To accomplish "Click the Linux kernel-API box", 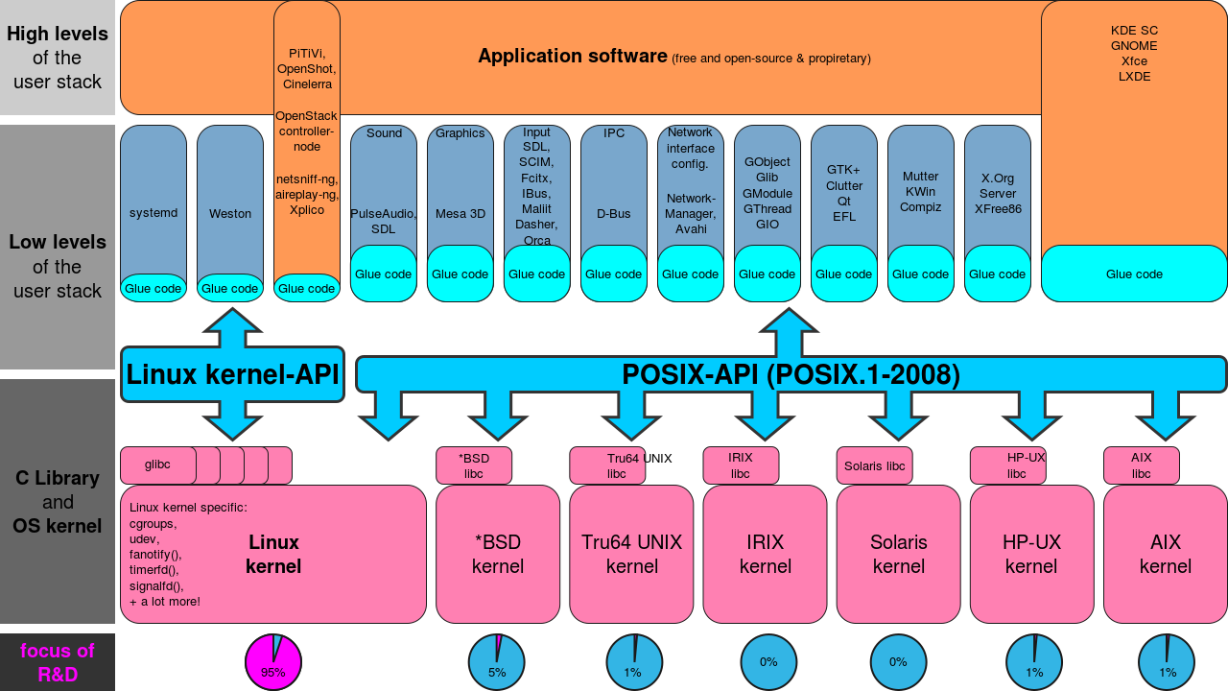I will [x=232, y=374].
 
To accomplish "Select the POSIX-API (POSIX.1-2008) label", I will [x=791, y=374].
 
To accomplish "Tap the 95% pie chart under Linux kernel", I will [x=273, y=662].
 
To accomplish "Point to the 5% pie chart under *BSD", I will [x=496, y=662].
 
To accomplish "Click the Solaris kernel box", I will [x=898, y=554].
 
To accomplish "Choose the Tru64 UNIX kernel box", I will [x=631, y=554].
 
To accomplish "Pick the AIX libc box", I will [x=1141, y=465].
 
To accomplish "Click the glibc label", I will [x=157, y=465].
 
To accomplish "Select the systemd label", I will [x=153, y=213].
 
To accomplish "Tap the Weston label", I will [x=230, y=213].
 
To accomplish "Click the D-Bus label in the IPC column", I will [x=614, y=213].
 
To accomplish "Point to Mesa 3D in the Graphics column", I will [x=460, y=213].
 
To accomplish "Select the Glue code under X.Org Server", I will [x=998, y=274].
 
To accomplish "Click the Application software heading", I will [x=573, y=56].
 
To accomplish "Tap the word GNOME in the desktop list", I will [x=1134, y=46].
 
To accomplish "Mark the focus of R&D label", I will [x=58, y=662].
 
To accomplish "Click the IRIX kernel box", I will [x=765, y=554].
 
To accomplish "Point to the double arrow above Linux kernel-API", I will [x=231, y=328].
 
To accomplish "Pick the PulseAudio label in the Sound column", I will [x=383, y=214].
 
